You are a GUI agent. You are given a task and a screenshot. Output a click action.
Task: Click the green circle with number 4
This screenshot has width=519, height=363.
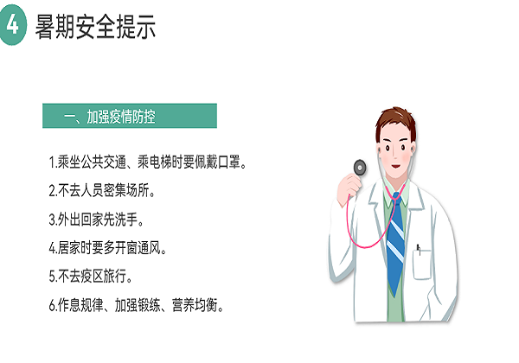tap(13, 25)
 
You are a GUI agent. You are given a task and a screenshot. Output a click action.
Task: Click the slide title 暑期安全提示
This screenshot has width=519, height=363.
tap(95, 27)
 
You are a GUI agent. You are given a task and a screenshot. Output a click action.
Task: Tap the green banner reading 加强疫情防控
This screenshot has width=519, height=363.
tap(130, 116)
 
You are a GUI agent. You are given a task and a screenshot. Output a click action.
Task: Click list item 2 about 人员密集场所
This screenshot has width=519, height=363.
tap(102, 190)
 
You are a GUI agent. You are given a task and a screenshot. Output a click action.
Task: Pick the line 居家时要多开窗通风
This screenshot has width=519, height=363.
tap(107, 248)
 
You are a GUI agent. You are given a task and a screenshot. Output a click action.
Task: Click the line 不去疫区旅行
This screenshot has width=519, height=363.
tap(91, 276)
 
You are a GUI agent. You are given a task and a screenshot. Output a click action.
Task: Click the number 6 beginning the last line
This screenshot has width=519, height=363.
tap(52, 305)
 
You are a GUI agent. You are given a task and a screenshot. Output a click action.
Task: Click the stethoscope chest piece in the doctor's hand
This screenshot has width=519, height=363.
tap(360, 168)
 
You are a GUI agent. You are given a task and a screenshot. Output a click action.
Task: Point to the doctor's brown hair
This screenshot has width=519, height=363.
tap(396, 123)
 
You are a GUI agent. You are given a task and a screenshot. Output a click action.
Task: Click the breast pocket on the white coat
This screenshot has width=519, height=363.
tap(422, 264)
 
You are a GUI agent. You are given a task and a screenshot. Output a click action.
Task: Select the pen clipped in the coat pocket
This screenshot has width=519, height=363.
tap(419, 249)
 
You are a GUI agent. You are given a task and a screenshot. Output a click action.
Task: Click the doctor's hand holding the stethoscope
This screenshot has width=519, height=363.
tap(349, 188)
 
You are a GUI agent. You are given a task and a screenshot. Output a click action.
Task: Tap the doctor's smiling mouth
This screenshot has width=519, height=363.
tap(396, 166)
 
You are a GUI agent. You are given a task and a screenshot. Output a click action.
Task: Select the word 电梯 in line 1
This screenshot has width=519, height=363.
tap(161, 162)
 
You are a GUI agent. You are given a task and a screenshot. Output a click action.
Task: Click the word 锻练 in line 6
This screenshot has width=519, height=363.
tap(150, 305)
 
